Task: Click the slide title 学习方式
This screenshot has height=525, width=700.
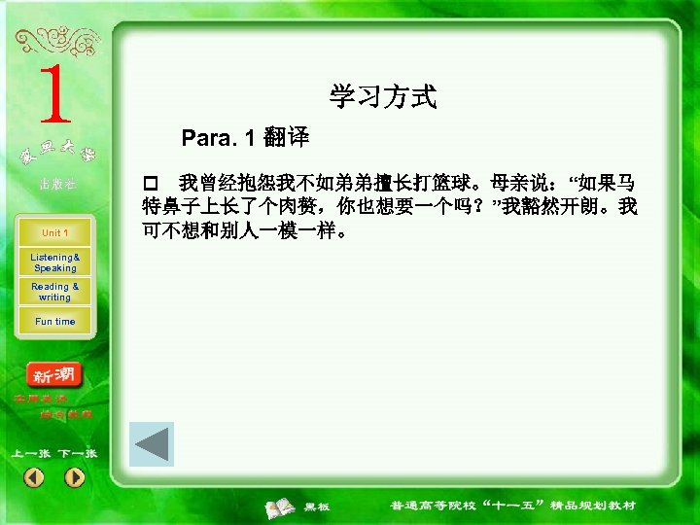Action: pos(383,96)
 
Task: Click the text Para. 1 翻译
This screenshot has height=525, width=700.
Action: pos(245,138)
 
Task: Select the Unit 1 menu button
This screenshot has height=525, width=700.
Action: pos(54,233)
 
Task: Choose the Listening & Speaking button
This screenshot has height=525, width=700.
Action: pos(54,262)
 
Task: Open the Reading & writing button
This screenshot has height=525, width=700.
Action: pos(54,292)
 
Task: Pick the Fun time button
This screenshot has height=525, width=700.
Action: pos(54,322)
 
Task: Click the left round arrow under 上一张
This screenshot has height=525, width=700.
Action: pos(34,477)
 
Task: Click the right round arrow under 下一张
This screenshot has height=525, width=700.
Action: pos(75,477)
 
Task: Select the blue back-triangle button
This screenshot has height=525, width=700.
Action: pos(152,444)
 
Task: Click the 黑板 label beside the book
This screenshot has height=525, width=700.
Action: pos(317,507)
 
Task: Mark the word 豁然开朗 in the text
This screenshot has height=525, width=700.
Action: pos(561,206)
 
